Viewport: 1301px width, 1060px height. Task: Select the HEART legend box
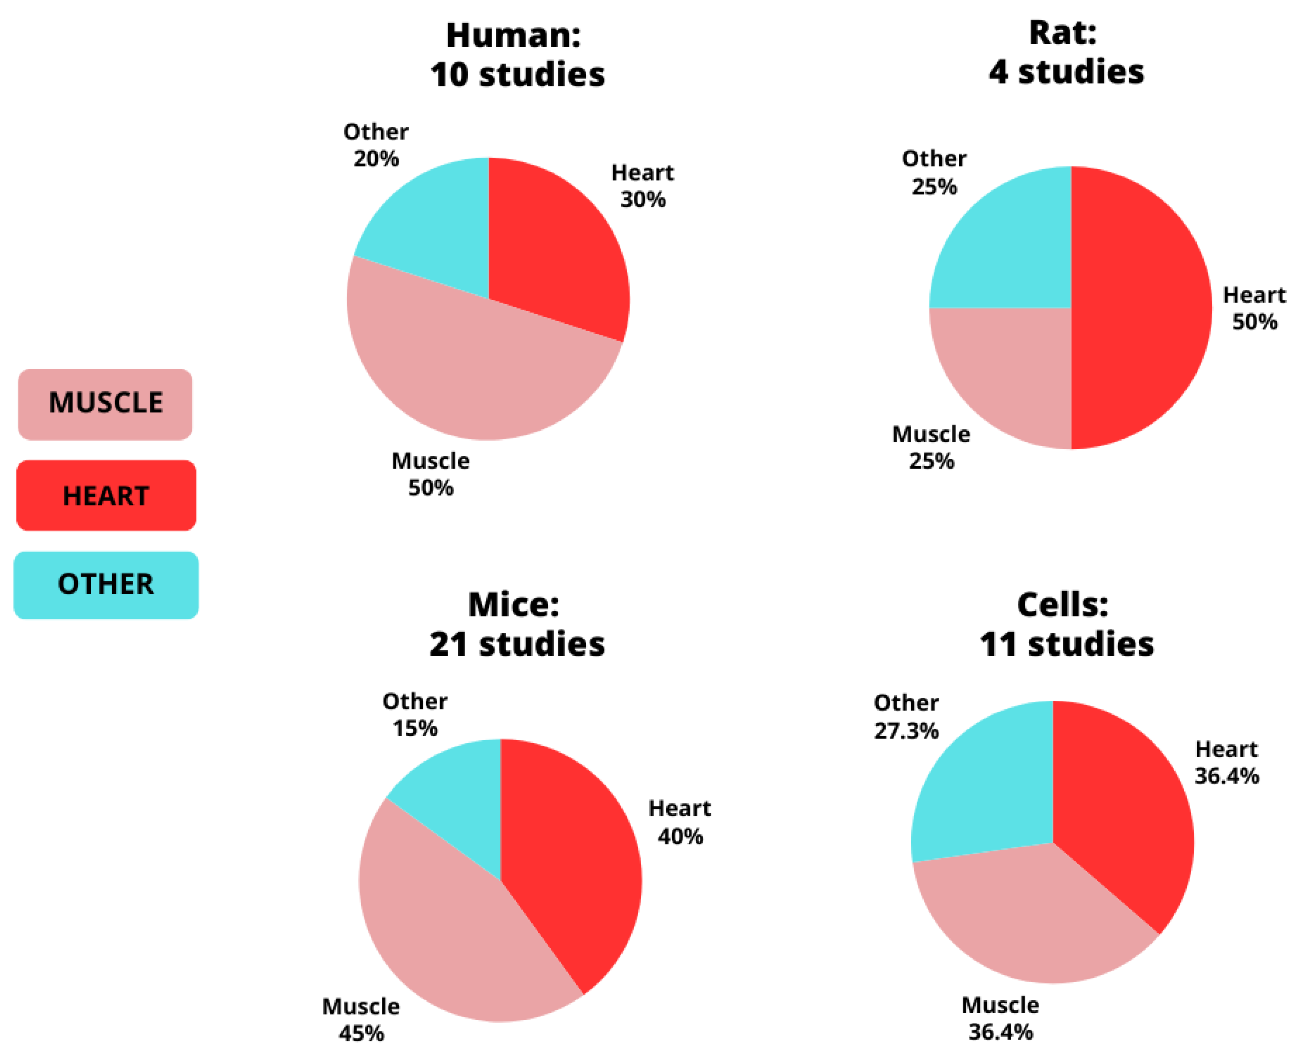tap(106, 495)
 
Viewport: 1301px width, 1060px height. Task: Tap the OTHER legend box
tap(106, 584)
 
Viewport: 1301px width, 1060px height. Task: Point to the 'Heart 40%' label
tap(679, 822)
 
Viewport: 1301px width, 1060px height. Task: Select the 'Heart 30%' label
tap(642, 186)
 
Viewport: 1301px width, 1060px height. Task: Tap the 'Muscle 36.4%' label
tap(1001, 1019)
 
